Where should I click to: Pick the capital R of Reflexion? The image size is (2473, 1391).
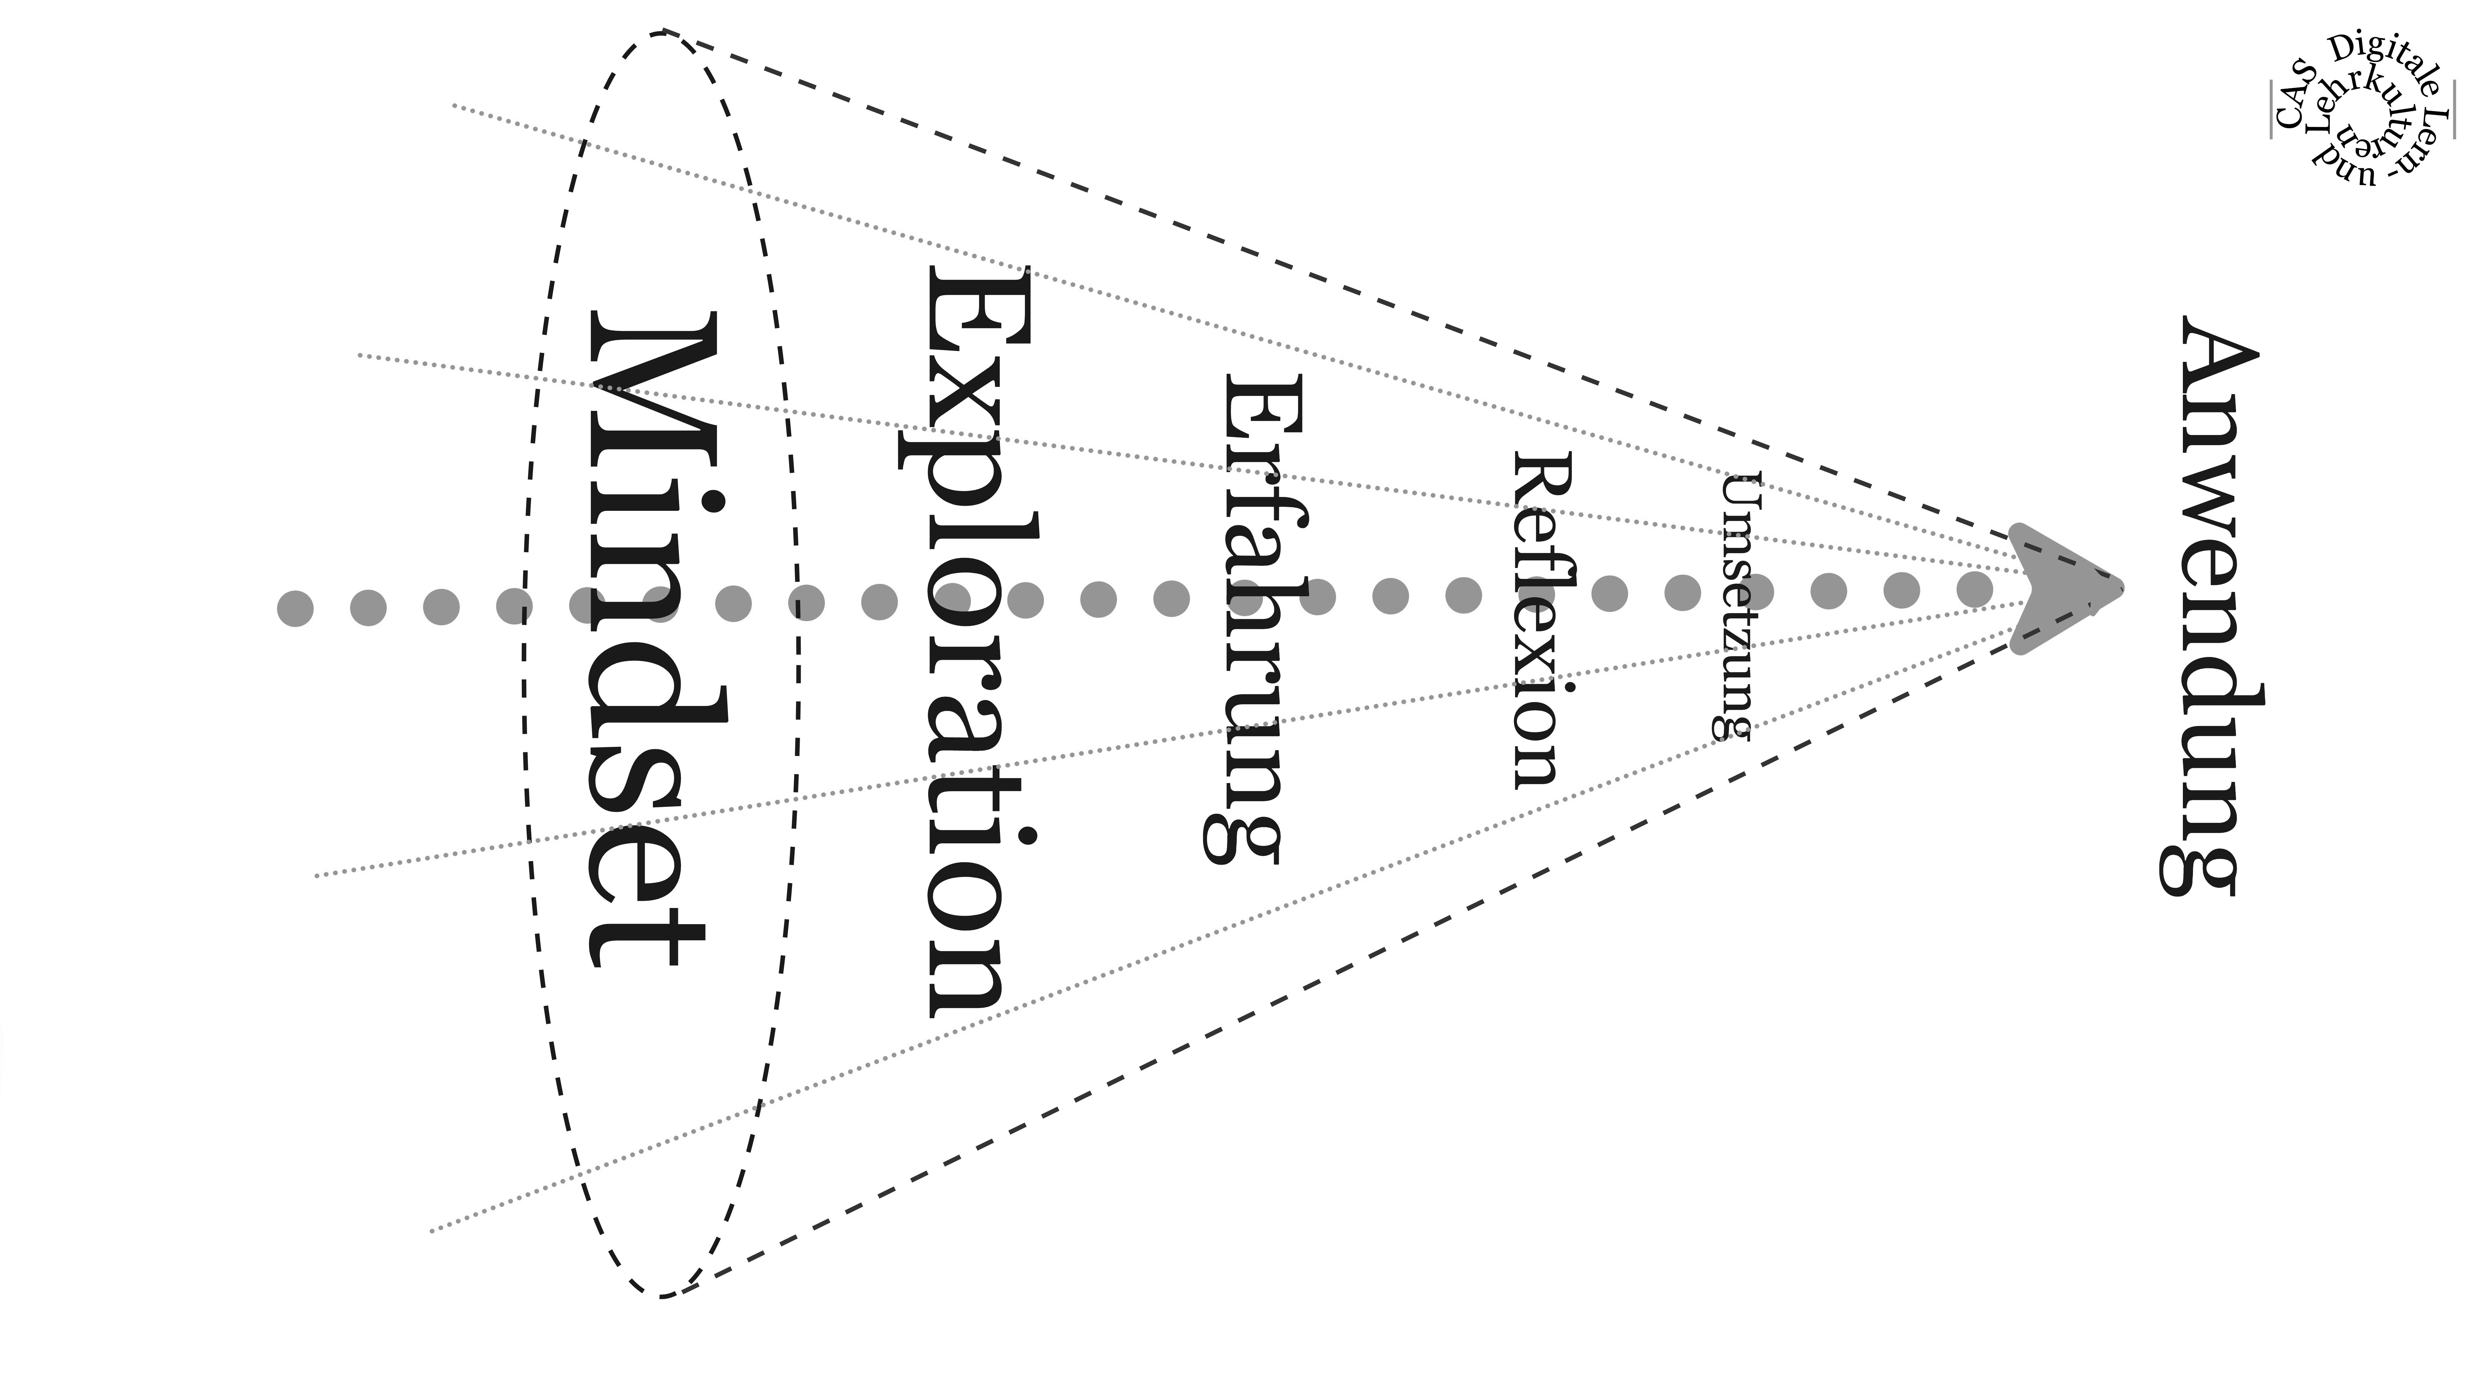1541,480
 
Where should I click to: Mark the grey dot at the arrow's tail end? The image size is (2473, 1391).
295,609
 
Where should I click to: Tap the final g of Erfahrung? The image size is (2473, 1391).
1238,835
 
